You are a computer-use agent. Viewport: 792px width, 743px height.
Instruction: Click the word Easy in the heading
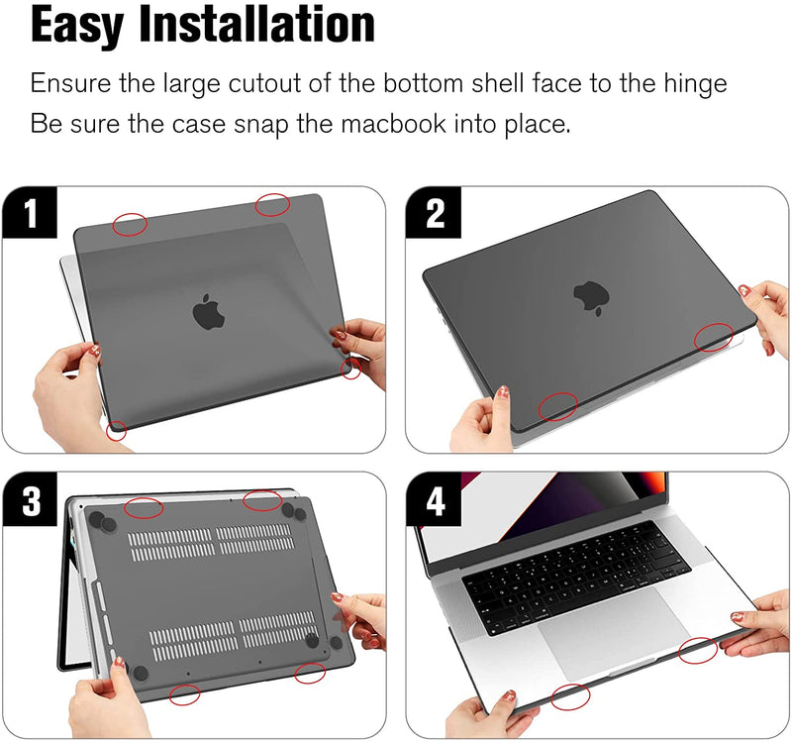[x=77, y=26]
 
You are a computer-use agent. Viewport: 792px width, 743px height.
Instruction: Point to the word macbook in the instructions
[x=393, y=124]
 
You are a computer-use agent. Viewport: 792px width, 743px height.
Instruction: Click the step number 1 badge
[x=30, y=212]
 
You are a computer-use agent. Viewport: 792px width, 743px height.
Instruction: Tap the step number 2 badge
[x=434, y=212]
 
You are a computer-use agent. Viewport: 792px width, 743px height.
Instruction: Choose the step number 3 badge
[x=30, y=500]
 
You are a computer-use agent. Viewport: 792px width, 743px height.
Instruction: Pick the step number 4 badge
[x=434, y=500]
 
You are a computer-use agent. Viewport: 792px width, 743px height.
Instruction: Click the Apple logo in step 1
[x=208, y=311]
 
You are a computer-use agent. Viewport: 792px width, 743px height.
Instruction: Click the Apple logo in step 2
[x=591, y=298]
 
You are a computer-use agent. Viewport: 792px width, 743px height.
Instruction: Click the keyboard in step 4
[x=576, y=577]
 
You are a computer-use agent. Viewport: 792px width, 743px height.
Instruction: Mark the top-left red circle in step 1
[x=130, y=225]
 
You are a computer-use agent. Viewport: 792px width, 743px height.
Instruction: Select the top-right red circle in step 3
[x=262, y=500]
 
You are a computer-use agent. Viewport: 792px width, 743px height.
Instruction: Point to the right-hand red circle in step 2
[x=714, y=338]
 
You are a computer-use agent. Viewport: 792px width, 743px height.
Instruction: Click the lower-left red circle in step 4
[x=570, y=696]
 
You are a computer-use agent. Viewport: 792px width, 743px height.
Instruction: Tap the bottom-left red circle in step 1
[x=117, y=430]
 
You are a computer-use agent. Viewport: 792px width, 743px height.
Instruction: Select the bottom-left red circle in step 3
[x=184, y=694]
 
